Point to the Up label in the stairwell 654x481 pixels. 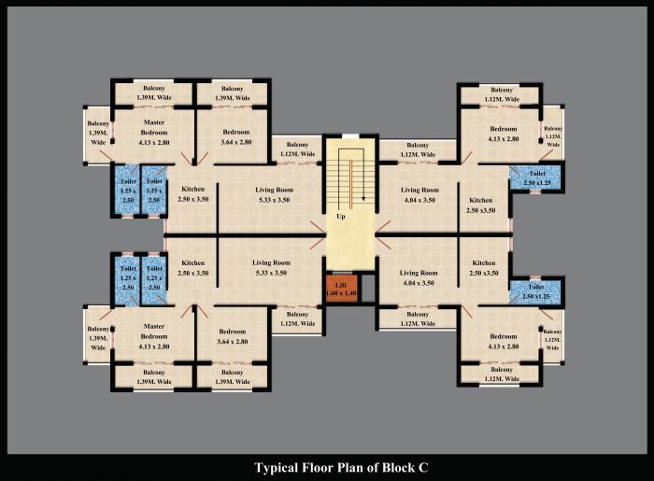point(342,216)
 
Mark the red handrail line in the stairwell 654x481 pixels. point(350,182)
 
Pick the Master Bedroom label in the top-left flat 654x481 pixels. point(154,132)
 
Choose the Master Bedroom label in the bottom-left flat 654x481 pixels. point(154,335)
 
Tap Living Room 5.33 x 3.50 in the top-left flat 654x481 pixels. point(275,194)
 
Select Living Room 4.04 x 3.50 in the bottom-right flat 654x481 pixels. point(418,276)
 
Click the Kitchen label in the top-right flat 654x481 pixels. point(481,205)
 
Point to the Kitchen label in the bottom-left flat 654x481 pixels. point(193,267)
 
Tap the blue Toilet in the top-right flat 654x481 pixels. point(536,177)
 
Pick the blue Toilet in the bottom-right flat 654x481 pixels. point(535,291)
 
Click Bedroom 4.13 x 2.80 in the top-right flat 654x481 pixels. point(504,133)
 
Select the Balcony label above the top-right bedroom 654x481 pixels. point(500,94)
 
